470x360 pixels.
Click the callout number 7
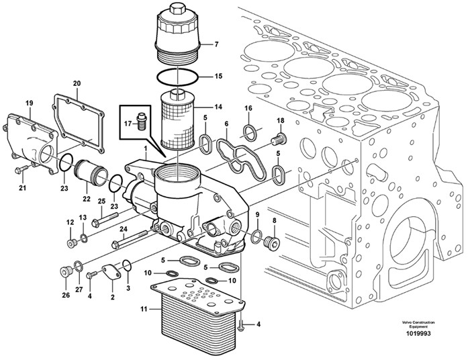click(216, 45)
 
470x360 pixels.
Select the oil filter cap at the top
click(179, 34)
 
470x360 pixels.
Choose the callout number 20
click(76, 84)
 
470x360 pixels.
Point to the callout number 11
click(142, 309)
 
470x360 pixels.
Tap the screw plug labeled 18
click(278, 140)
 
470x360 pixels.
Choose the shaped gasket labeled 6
click(238, 150)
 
